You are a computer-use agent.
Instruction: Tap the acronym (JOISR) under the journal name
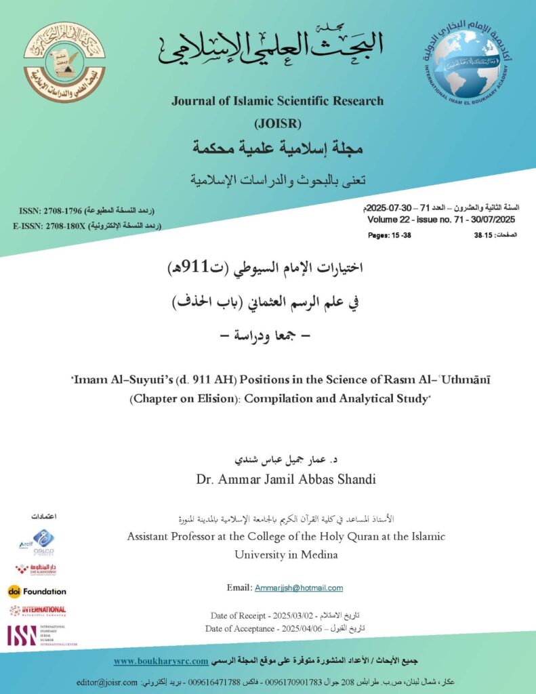tap(277, 123)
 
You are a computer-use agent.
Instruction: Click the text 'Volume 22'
tap(389, 220)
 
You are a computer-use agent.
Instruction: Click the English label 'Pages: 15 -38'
tap(389, 235)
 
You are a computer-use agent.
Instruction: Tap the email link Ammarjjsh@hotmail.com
tap(299, 588)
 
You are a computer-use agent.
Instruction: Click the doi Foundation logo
tap(37, 591)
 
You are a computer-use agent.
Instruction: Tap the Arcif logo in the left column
tap(37, 542)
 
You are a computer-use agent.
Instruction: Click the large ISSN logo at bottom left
tap(22, 635)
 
